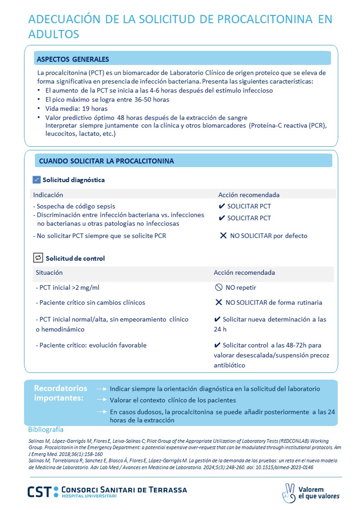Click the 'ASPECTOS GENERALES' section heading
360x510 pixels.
tap(73, 59)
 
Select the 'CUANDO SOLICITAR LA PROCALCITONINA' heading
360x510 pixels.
tap(106, 161)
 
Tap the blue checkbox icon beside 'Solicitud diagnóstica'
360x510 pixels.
tap(37, 180)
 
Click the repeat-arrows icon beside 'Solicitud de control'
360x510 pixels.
tap(38, 258)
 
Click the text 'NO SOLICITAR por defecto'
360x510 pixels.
tap(268, 236)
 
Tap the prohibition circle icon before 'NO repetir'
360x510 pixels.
tap(218, 287)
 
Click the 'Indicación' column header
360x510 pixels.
tap(48, 195)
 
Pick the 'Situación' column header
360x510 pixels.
tap(49, 272)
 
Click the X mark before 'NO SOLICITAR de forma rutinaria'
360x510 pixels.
tap(218, 302)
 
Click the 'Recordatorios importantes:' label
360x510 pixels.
tap(60, 393)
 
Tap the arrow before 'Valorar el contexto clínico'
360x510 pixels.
tap(102, 400)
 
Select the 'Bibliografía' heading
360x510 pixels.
tap(46, 429)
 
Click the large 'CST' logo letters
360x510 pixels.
tap(39, 492)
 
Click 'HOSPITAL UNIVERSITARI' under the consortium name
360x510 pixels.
tap(89, 496)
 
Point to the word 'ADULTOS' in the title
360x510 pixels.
tap(54, 34)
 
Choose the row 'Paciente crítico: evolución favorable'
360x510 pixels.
tap(91, 345)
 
